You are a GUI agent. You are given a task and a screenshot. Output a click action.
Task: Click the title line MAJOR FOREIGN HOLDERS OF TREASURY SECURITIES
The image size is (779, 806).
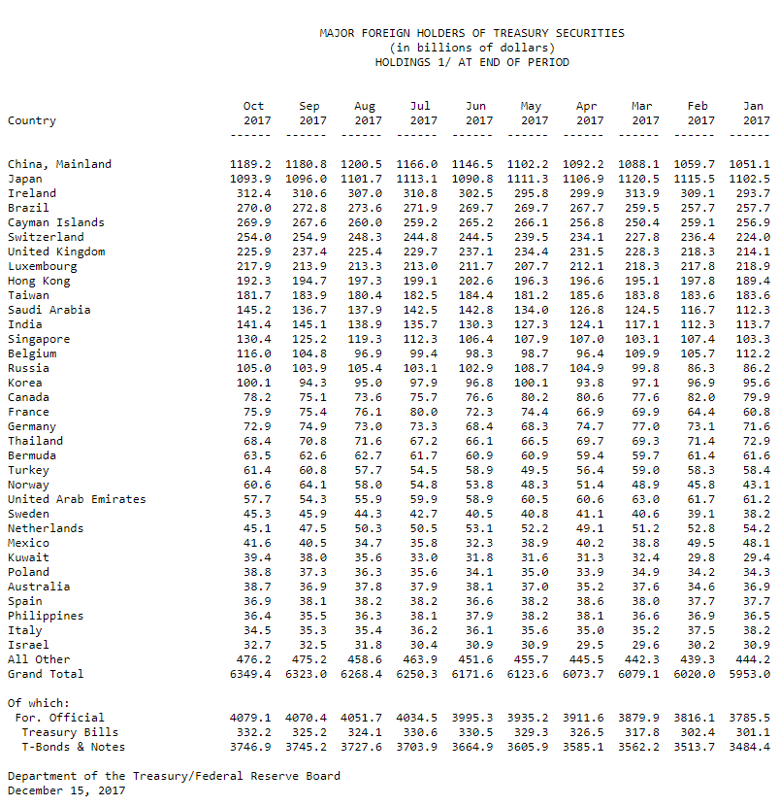(471, 33)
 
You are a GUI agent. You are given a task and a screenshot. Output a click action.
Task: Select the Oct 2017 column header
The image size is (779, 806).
(254, 114)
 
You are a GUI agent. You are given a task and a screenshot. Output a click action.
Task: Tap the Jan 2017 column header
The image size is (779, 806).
(754, 114)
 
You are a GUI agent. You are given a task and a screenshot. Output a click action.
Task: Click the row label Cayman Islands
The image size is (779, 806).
(56, 222)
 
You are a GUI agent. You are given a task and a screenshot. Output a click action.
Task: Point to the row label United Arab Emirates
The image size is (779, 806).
(77, 499)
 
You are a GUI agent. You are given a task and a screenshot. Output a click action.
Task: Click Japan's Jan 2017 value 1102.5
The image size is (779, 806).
(750, 179)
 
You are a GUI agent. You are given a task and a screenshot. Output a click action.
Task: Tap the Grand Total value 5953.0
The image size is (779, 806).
(750, 674)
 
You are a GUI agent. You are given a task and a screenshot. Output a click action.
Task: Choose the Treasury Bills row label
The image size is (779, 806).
(70, 732)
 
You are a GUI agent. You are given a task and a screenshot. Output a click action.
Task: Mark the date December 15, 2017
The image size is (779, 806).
(66, 790)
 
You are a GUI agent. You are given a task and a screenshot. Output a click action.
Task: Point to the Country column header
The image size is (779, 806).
(32, 120)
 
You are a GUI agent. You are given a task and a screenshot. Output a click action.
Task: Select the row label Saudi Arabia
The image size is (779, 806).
(49, 310)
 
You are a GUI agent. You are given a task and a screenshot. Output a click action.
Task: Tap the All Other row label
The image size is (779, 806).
(39, 659)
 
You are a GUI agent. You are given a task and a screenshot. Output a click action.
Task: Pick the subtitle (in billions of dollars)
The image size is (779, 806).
(471, 48)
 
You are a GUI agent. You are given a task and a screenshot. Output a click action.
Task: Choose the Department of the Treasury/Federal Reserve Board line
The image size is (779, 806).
(174, 776)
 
